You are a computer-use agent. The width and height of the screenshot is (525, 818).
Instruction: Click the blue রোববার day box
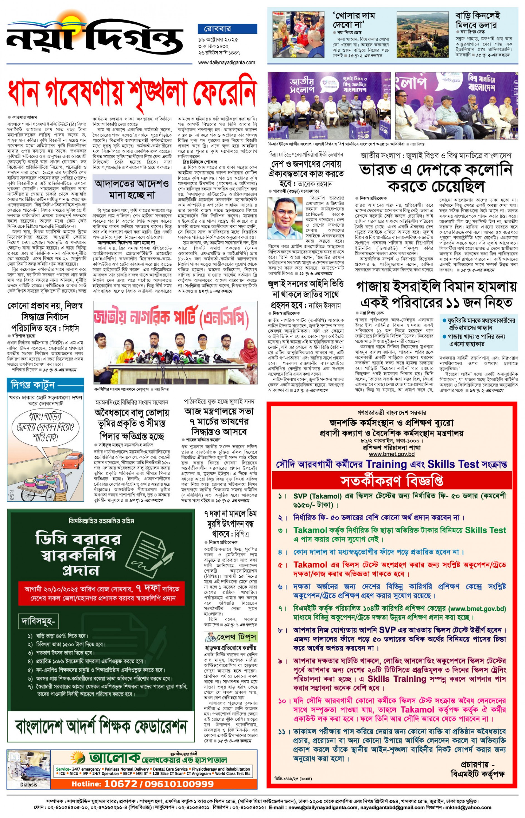(227, 28)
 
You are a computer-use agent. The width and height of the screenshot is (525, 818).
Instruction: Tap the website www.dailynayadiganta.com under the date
(227, 62)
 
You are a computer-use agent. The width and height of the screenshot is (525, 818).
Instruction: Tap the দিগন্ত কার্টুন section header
(33, 385)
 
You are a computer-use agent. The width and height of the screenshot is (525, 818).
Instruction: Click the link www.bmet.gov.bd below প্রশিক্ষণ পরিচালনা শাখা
(392, 454)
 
